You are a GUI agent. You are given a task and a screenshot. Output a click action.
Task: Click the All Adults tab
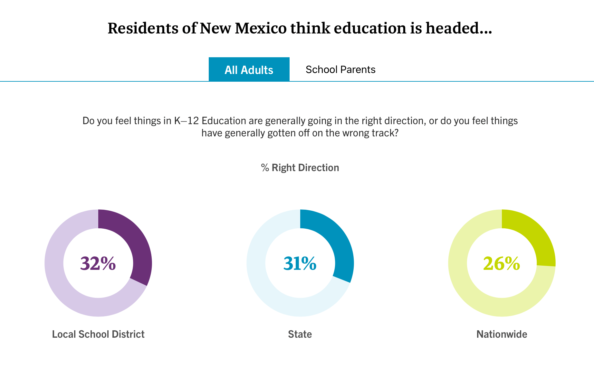click(249, 69)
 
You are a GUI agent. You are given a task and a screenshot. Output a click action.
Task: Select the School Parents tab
click(340, 69)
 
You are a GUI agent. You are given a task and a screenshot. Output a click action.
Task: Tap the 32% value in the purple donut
click(98, 263)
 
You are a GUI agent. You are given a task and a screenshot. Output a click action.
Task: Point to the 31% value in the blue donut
click(300, 263)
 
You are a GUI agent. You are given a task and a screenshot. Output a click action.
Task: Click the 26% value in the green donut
click(502, 263)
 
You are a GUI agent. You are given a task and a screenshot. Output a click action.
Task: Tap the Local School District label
click(98, 334)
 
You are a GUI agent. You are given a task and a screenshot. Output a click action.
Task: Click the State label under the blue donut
click(300, 334)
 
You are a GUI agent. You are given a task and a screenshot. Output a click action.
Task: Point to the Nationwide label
click(502, 334)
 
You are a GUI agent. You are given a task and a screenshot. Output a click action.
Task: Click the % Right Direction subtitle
click(300, 168)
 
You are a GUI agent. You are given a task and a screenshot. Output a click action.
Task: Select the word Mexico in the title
click(261, 28)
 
